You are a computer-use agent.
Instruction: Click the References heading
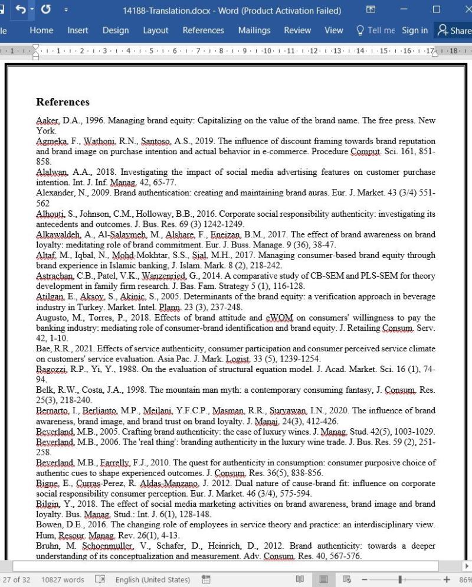coord(63,102)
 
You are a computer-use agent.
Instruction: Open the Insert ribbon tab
coord(78,30)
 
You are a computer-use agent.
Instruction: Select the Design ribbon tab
coord(116,30)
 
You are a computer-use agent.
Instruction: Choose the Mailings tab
coord(254,30)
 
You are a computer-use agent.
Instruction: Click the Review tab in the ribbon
coord(297,30)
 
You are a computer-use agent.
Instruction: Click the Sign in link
coord(415,30)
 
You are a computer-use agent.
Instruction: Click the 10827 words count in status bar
coord(63,579)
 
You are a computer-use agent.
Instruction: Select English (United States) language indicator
coord(152,579)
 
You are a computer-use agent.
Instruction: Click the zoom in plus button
coord(446,579)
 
